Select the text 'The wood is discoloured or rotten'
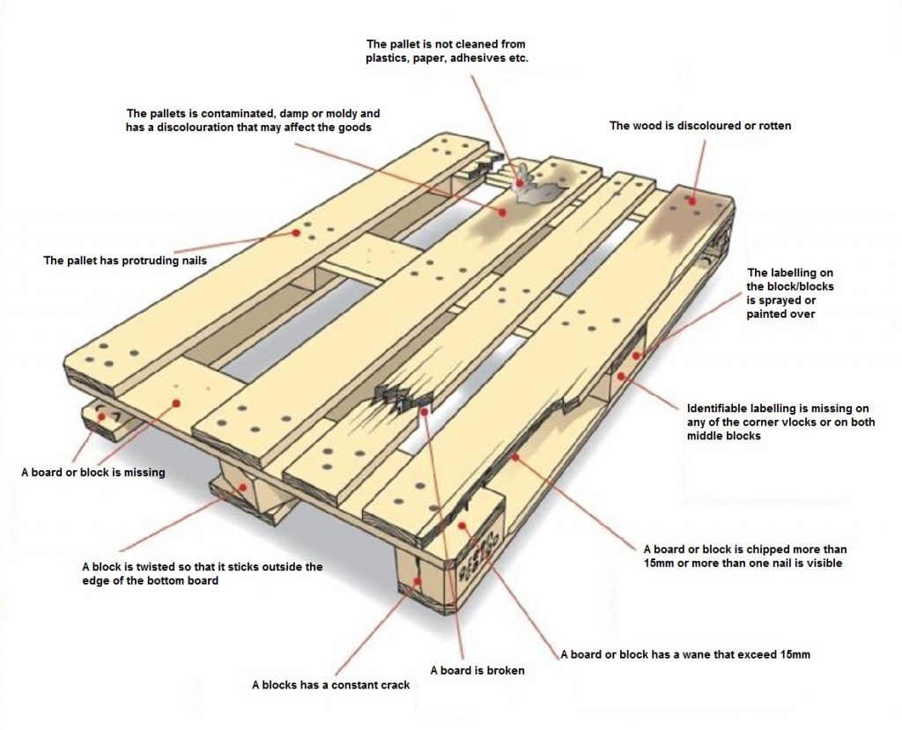tap(700, 126)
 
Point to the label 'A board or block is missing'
tap(92, 472)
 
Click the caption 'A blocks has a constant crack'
tap(330, 684)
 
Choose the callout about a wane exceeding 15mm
tap(685, 654)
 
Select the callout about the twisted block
tap(202, 573)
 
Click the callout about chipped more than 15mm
tap(744, 555)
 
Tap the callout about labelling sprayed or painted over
tap(790, 293)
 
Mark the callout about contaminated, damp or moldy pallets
tap(253, 121)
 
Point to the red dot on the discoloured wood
tap(693, 201)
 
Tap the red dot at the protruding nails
tap(296, 233)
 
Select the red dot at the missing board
tap(176, 402)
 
